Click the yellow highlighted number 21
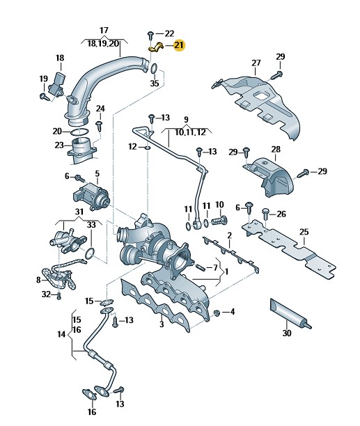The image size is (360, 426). [x=179, y=45]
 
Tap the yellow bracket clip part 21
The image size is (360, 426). [x=155, y=47]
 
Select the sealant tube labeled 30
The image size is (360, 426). [x=290, y=313]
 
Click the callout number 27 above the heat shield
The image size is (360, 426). [x=256, y=63]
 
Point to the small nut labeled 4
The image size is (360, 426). [x=217, y=313]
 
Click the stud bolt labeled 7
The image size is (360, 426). [x=200, y=267]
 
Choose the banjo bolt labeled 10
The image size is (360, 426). [x=219, y=220]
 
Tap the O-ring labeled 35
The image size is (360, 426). [x=153, y=68]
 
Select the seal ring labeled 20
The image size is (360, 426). [x=79, y=132]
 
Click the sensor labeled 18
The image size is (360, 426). [x=57, y=84]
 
